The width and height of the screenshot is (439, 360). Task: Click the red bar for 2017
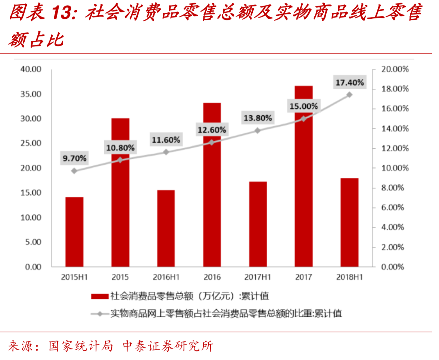303,176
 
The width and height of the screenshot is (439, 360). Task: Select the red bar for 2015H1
74,232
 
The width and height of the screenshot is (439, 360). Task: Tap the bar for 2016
212,184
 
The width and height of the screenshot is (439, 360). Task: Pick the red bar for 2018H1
349,222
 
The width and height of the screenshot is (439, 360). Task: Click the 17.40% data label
349,83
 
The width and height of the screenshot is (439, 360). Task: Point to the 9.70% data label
74,158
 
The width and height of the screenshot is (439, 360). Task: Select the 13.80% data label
258,118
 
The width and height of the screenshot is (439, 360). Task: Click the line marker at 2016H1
166,152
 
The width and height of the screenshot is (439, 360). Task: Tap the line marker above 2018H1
349,95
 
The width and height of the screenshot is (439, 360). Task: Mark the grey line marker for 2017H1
258,130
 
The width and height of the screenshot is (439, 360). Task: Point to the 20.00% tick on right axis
395,69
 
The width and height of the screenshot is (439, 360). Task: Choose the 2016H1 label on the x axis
166,277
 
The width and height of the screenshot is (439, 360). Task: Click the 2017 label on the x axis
303,277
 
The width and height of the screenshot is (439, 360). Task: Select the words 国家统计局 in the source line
81,346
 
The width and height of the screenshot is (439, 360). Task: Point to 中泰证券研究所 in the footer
168,346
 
